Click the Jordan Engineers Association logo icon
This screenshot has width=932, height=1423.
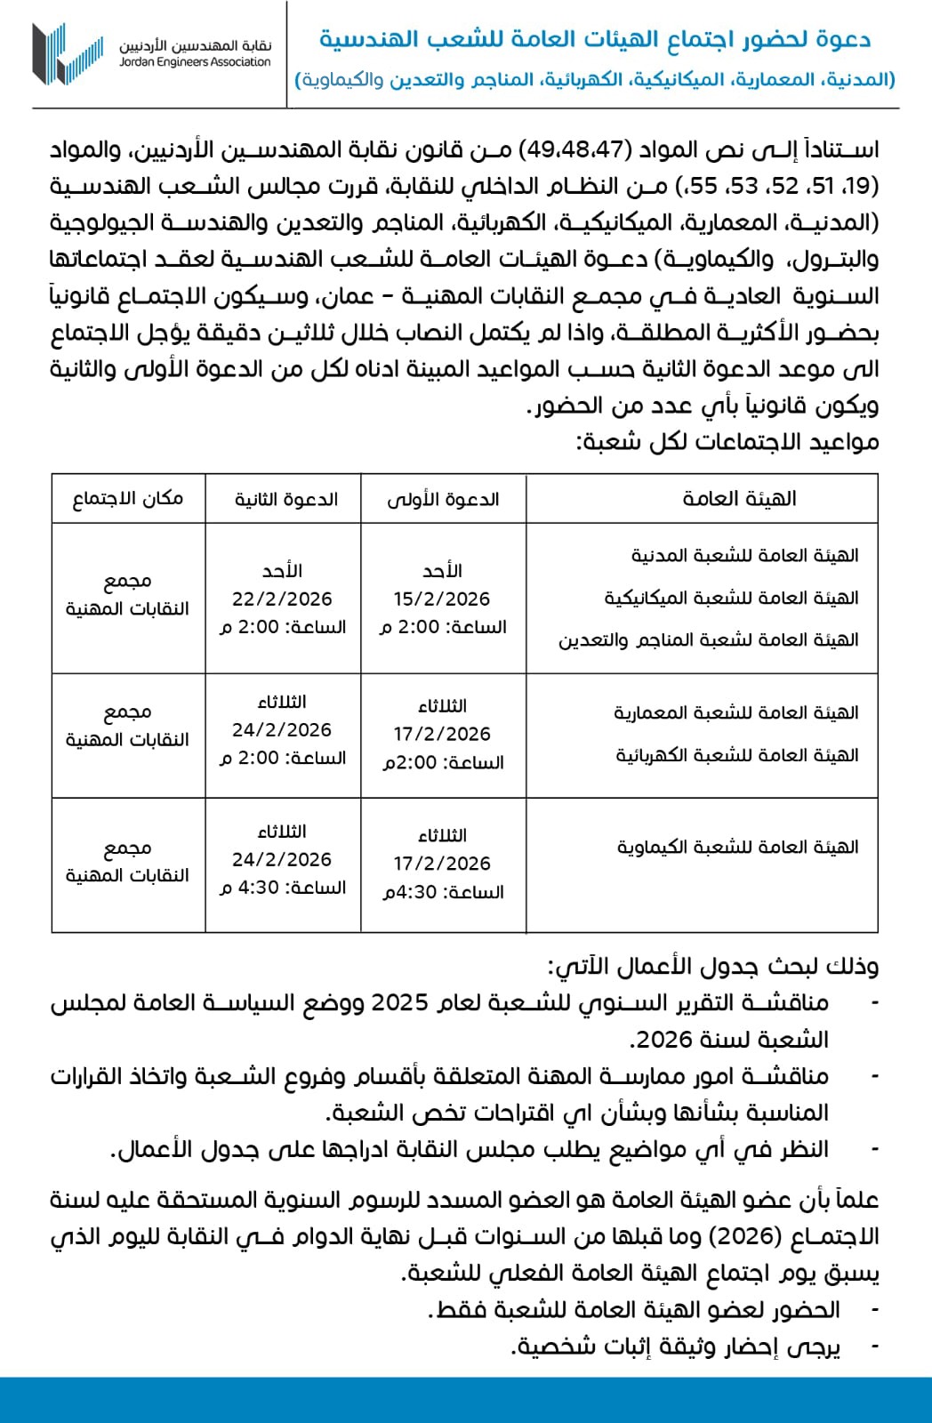[67, 53]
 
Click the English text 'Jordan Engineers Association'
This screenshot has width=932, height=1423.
[196, 62]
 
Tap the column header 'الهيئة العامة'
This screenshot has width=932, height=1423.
[739, 499]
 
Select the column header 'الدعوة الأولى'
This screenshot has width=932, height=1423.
[443, 500]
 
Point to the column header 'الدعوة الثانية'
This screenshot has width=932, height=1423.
[286, 500]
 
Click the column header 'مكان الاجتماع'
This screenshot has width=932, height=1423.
[128, 499]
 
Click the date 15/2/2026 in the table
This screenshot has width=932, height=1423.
[442, 599]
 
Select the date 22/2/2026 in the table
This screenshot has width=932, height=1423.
[282, 599]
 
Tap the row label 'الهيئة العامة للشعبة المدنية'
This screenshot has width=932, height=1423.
[744, 556]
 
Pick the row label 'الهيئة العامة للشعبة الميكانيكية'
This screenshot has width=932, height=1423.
[731, 598]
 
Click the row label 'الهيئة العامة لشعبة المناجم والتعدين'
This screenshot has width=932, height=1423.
[708, 640]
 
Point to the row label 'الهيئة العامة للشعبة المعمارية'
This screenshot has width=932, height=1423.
[735, 713]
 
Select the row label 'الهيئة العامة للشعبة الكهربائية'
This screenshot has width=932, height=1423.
[737, 756]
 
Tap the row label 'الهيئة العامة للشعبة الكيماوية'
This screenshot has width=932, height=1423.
[738, 848]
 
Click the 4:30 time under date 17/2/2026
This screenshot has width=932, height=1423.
[400, 892]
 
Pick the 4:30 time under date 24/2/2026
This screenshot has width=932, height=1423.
[259, 888]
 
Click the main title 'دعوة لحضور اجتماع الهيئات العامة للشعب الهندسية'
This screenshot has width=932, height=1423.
[595, 40]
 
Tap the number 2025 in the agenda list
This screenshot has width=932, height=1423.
[399, 1003]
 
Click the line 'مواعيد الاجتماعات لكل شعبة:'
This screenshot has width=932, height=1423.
[728, 442]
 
